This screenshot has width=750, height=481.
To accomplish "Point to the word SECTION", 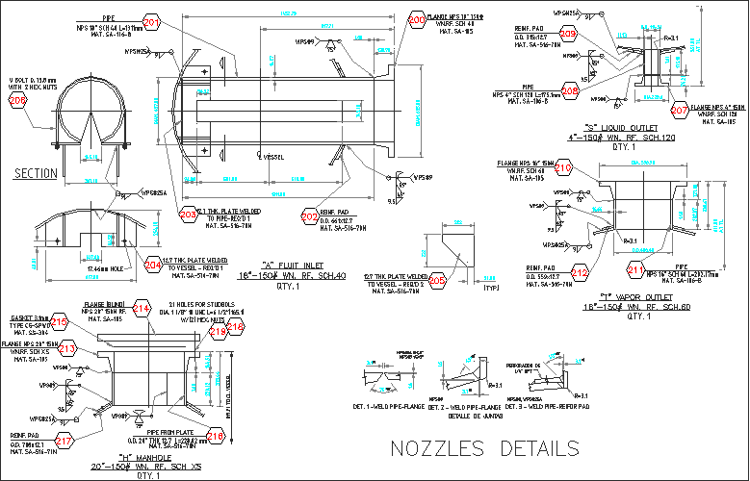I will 36,172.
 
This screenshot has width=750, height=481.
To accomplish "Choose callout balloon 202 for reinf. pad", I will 309,217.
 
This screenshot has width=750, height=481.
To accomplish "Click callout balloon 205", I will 437,280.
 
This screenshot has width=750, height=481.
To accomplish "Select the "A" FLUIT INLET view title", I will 303,265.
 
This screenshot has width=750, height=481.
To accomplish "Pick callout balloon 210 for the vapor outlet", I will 563,169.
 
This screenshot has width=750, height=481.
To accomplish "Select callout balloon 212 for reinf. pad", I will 579,273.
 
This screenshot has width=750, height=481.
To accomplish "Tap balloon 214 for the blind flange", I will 142,309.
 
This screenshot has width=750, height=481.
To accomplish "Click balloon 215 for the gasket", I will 60,322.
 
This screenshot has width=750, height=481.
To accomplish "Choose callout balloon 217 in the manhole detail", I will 64,442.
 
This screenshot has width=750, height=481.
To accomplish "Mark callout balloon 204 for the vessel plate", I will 152,265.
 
